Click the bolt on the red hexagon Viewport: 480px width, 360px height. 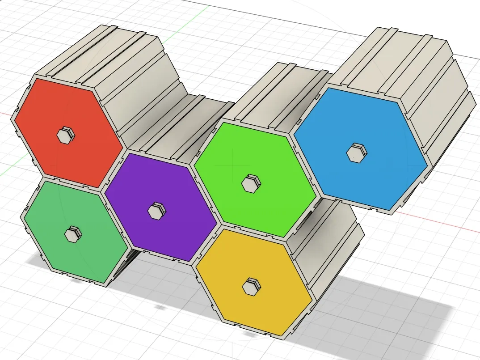click(x=65, y=135)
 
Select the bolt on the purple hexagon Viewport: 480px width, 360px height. click(x=156, y=211)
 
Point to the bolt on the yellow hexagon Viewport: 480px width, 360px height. click(x=251, y=286)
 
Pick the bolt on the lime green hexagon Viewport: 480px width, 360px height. click(x=251, y=183)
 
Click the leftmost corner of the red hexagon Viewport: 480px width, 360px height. click(x=16, y=118)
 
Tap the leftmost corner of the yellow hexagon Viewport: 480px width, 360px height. click(x=197, y=267)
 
